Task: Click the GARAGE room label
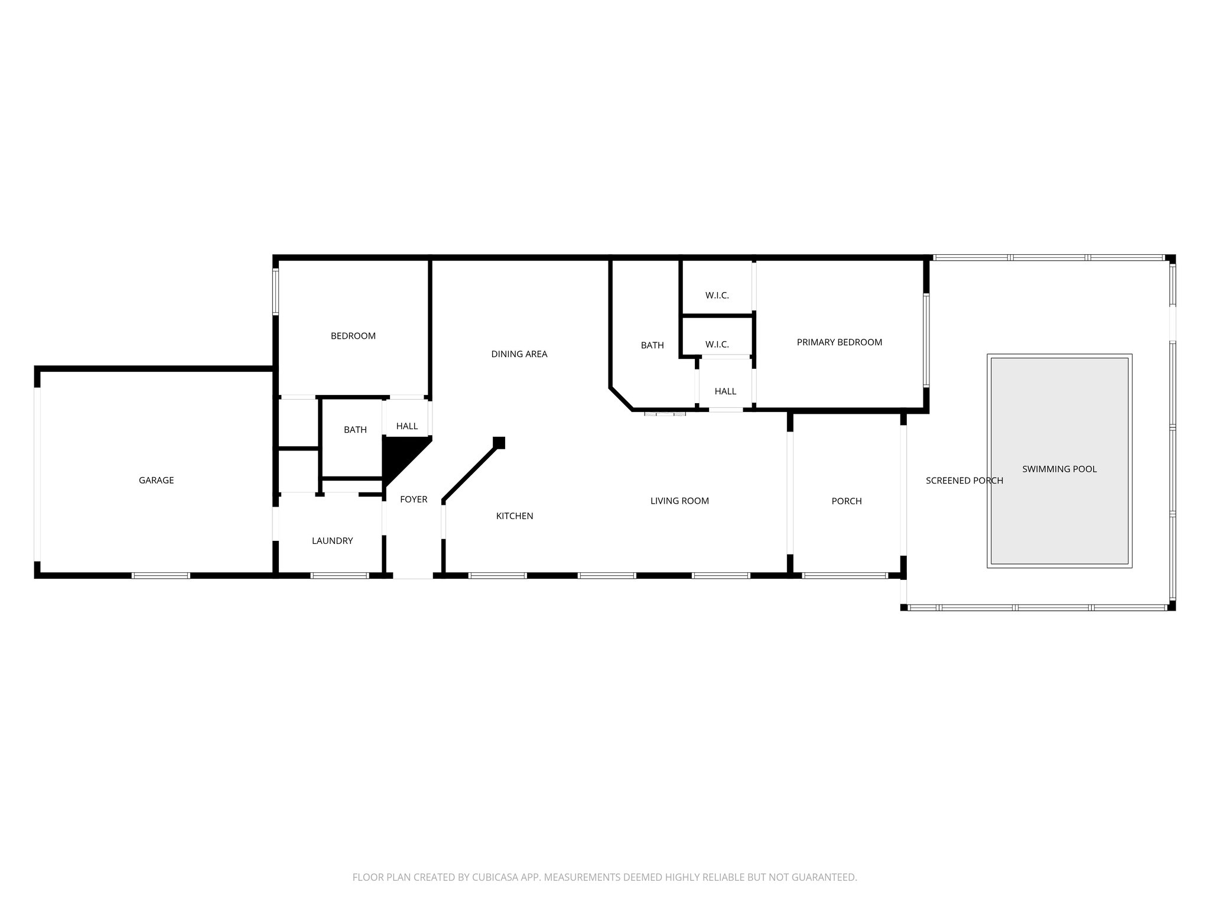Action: pos(156,481)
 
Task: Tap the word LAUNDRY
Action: pos(332,541)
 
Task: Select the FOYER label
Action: pos(414,500)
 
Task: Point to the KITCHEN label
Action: pos(514,516)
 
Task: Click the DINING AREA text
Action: pos(519,354)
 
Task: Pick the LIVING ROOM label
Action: pos(679,501)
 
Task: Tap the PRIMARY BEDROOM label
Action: pos(839,342)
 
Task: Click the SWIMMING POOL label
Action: pos(1059,469)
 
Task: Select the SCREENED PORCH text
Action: pos(964,481)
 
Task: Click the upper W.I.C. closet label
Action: pos(717,296)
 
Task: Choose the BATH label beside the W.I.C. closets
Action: pos(652,345)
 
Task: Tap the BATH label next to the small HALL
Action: pos(355,430)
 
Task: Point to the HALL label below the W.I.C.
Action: pos(725,391)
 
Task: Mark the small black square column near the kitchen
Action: pos(499,442)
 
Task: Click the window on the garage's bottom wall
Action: pos(161,575)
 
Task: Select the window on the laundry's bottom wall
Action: pos(340,575)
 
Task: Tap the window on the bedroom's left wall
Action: pos(275,291)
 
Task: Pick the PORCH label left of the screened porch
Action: pos(846,501)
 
